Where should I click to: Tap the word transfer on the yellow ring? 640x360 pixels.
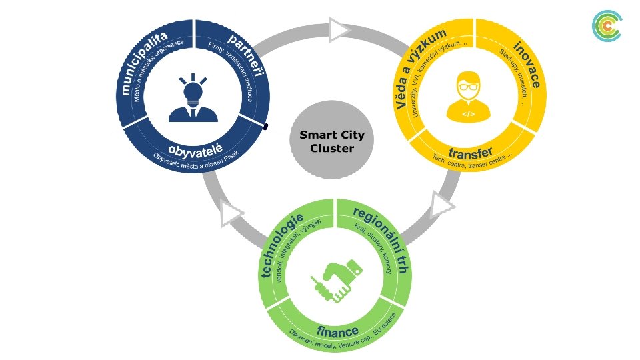coord(470,147)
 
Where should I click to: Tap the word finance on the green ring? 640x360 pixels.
coord(337,330)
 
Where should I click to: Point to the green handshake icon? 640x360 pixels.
coord(336,279)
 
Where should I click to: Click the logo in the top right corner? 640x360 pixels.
coord(607,27)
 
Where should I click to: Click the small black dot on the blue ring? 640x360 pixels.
coord(265,126)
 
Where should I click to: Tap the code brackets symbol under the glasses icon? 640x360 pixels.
coord(469,114)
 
